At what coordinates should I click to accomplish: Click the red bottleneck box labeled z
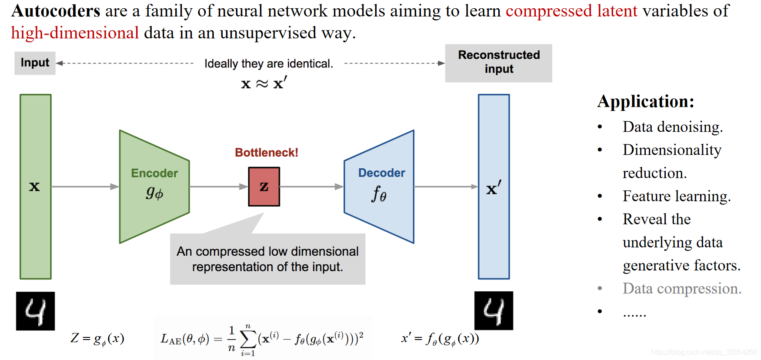click(x=264, y=187)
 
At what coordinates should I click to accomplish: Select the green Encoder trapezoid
click(x=154, y=187)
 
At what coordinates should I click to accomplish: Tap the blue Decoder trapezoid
click(x=379, y=187)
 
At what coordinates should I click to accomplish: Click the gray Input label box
click(x=35, y=63)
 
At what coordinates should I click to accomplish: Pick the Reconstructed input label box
click(x=498, y=63)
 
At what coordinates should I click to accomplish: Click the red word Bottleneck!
click(x=266, y=153)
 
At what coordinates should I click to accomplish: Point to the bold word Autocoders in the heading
click(x=56, y=11)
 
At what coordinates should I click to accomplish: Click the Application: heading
click(x=645, y=101)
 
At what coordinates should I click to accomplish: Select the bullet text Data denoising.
click(x=672, y=127)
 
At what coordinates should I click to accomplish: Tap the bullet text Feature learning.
click(x=676, y=196)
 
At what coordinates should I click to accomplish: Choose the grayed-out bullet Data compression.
click(x=681, y=289)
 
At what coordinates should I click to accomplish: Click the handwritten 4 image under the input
click(x=35, y=311)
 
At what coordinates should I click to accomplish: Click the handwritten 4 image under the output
click(x=494, y=311)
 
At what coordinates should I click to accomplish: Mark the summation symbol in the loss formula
click(x=248, y=338)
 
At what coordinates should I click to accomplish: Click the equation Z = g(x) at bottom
click(x=97, y=338)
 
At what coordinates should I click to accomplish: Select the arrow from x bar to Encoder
click(x=85, y=187)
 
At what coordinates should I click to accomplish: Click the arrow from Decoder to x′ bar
click(x=446, y=187)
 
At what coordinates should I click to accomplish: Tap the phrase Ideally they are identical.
click(x=269, y=63)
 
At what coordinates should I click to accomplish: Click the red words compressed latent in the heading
click(x=571, y=11)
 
